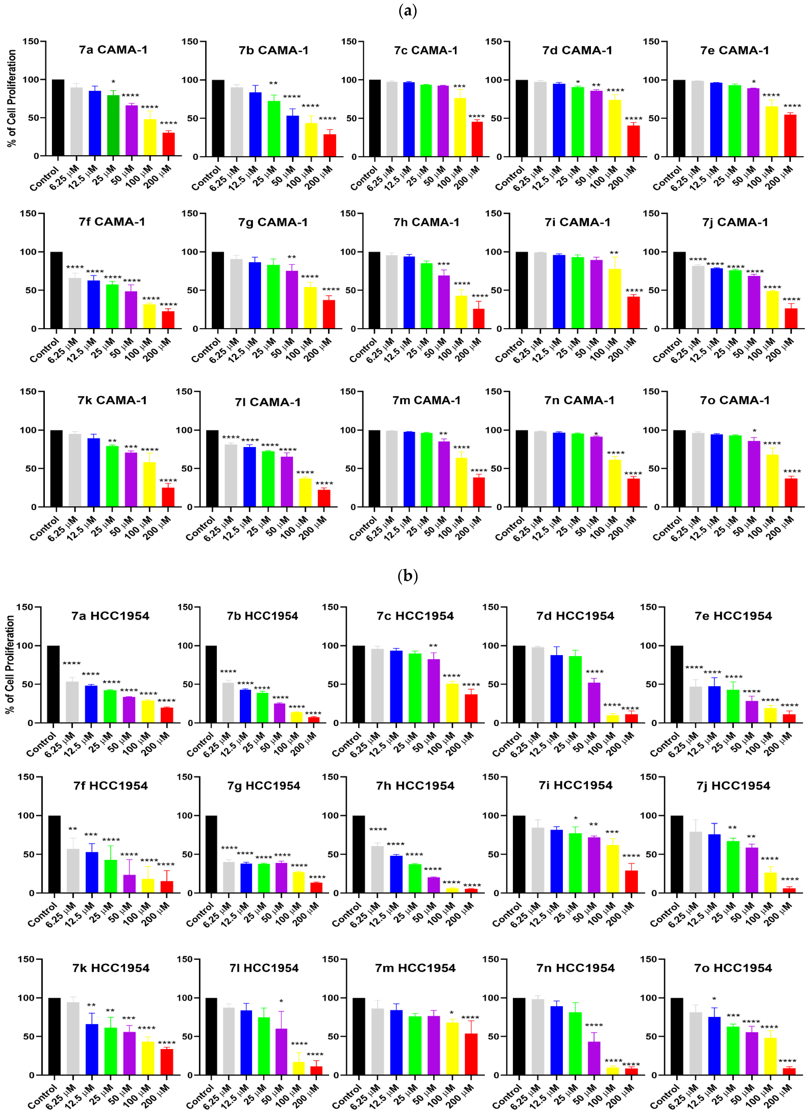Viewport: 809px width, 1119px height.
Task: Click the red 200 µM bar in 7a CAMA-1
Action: click(168, 144)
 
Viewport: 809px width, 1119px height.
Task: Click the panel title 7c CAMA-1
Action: click(426, 50)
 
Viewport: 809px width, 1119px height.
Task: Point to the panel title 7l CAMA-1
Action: click(267, 402)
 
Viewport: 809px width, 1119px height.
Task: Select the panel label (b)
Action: click(407, 576)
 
